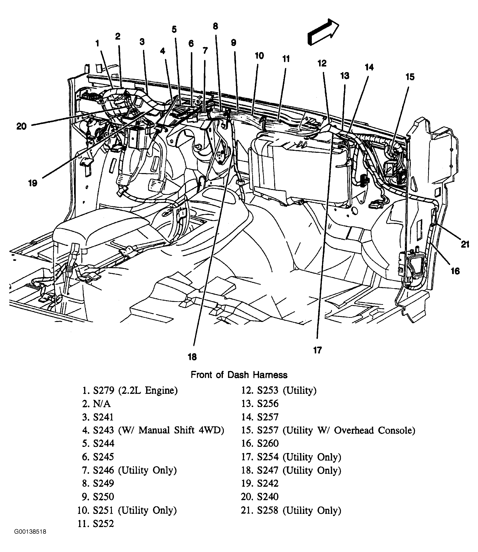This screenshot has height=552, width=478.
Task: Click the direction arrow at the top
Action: click(x=323, y=32)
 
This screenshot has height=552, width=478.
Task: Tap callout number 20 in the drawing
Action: click(x=22, y=126)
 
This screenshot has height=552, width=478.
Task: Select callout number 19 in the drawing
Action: click(x=33, y=183)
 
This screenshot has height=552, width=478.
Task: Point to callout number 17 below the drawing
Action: click(x=317, y=350)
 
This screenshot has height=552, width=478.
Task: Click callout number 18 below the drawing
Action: click(x=192, y=357)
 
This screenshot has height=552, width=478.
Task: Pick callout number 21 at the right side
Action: click(x=465, y=244)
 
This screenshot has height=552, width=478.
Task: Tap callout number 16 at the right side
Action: click(x=455, y=271)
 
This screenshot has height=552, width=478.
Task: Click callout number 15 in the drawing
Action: click(x=410, y=77)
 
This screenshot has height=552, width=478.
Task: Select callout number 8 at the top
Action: click(x=216, y=26)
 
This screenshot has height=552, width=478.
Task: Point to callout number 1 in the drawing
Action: click(x=97, y=43)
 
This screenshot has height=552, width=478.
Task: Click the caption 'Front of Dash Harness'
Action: click(x=239, y=375)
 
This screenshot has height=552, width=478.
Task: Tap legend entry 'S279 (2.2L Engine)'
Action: click(x=135, y=391)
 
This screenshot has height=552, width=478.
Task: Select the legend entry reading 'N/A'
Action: click(x=102, y=404)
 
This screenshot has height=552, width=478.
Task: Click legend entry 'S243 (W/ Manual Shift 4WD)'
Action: click(x=158, y=430)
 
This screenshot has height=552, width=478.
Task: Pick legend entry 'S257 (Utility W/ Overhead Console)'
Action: click(x=336, y=430)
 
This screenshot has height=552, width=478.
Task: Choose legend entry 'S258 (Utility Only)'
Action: click(x=299, y=510)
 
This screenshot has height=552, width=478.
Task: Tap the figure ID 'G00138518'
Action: click(x=30, y=539)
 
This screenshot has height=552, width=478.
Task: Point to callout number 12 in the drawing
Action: click(x=322, y=63)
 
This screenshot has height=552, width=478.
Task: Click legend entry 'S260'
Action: click(x=268, y=443)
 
